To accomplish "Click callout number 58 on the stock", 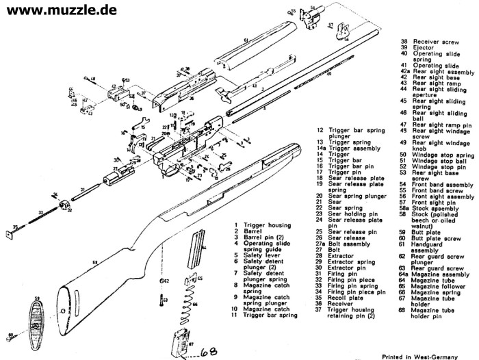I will [94, 262].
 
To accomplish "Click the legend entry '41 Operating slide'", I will [427, 65].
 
